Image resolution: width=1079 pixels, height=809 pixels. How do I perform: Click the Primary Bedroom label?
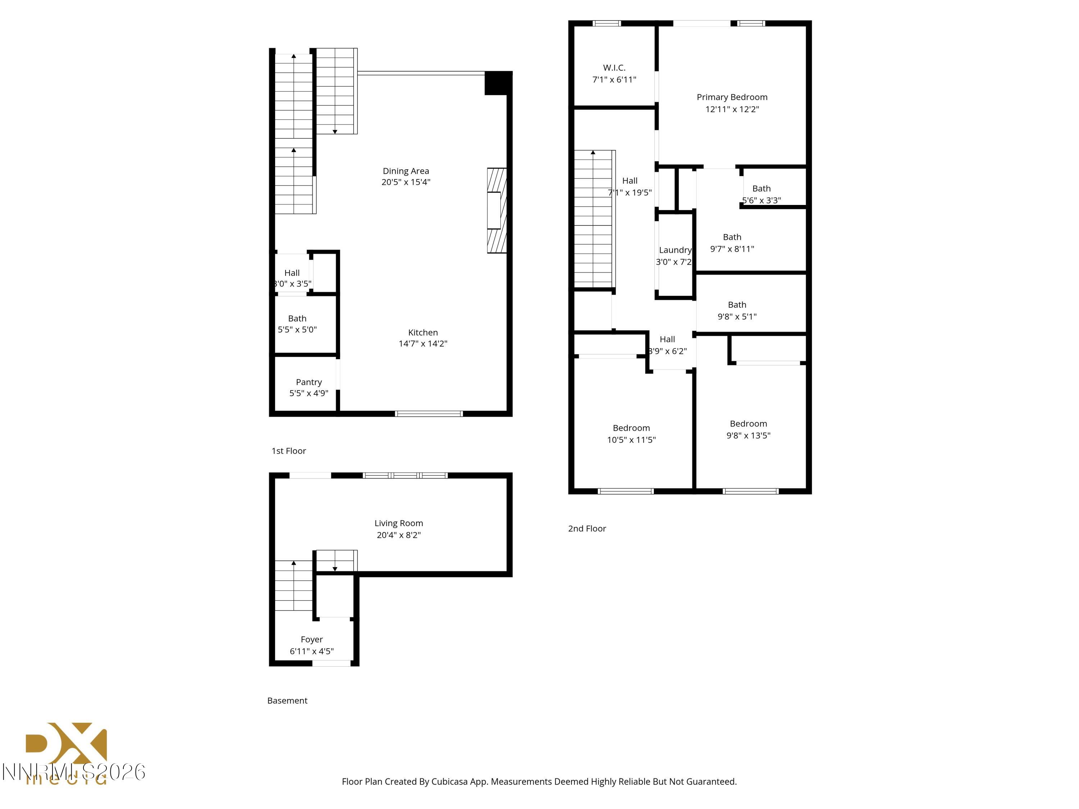pyautogui.click(x=732, y=97)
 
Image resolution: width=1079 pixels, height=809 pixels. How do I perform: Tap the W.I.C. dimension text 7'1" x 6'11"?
pyautogui.click(x=614, y=79)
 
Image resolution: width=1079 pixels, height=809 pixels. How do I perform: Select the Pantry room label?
pyautogui.click(x=309, y=382)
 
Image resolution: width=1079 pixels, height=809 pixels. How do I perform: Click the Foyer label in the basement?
pyautogui.click(x=312, y=639)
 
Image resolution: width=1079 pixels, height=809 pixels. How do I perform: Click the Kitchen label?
pyautogui.click(x=423, y=332)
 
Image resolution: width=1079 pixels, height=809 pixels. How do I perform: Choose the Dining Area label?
pyautogui.click(x=406, y=171)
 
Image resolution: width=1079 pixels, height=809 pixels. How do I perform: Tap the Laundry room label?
pyautogui.click(x=675, y=250)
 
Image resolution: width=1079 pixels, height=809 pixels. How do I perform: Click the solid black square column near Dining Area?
pyautogui.click(x=497, y=83)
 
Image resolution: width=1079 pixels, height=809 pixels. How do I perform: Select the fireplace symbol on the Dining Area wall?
pyautogui.click(x=497, y=210)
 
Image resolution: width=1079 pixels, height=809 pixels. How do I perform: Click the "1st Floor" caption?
pyautogui.click(x=289, y=451)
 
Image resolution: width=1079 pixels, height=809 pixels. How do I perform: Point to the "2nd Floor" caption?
pyautogui.click(x=587, y=528)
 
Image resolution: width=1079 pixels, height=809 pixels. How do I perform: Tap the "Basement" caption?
pyautogui.click(x=287, y=700)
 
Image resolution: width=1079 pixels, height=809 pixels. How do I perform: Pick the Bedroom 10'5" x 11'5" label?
pyautogui.click(x=631, y=428)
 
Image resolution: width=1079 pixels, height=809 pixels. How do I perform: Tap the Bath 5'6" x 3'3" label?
pyautogui.click(x=761, y=188)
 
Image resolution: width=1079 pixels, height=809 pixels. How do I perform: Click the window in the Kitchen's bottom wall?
pyautogui.click(x=429, y=413)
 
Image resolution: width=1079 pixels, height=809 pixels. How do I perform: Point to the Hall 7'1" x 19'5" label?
pyautogui.click(x=630, y=180)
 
